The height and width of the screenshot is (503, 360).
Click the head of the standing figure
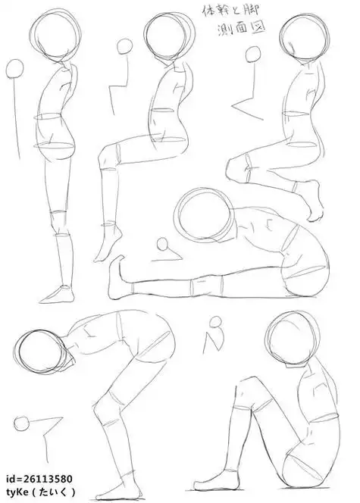tap(55, 33)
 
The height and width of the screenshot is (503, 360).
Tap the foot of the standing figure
tap(58, 295)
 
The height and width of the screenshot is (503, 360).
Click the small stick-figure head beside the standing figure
tap(14, 69)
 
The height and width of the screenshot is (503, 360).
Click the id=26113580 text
tap(39, 479)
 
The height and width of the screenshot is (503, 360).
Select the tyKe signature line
tap(41, 492)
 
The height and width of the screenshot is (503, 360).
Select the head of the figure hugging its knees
tap(293, 338)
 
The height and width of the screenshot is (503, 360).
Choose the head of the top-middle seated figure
tap(169, 36)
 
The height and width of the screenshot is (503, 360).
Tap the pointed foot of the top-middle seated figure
tap(108, 244)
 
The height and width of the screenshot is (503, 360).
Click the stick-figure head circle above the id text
tap(22, 423)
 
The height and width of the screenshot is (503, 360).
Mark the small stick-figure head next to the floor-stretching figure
tap(163, 245)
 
